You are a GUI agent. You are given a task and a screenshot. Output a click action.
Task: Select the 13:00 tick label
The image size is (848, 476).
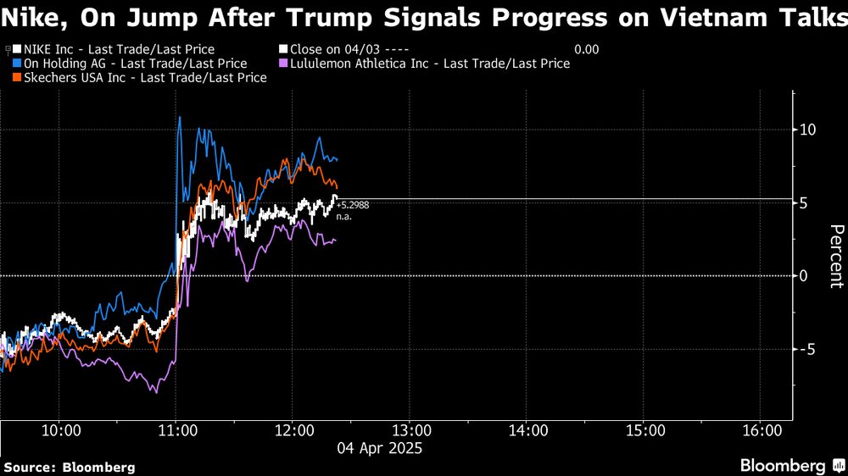[409, 431]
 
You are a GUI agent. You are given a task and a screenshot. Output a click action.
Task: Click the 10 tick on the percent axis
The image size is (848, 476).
[807, 130]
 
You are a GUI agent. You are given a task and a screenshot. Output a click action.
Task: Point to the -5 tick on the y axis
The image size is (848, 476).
[807, 349]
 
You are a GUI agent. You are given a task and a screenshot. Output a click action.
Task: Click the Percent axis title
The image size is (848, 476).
[835, 257]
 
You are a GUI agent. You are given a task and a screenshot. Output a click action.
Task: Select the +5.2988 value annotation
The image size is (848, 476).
[353, 206]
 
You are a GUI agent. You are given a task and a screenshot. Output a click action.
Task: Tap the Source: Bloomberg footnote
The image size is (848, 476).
[70, 468]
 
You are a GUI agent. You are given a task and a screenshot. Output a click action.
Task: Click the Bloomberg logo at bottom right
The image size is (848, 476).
[789, 466]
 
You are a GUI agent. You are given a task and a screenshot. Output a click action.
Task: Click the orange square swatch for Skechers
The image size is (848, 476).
[17, 78]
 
